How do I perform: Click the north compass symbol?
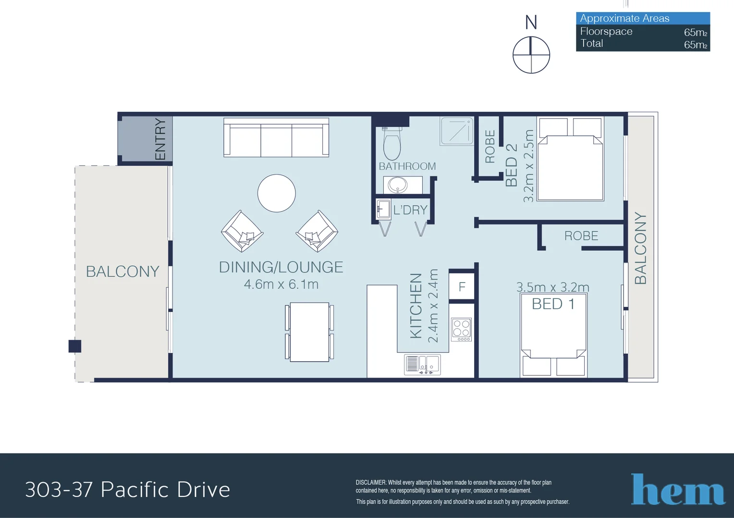(531, 55)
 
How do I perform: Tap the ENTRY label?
(160, 139)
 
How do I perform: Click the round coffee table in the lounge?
(276, 193)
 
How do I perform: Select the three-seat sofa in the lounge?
(276, 138)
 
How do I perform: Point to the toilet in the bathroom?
(392, 144)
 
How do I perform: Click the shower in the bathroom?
(457, 131)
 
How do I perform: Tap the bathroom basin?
(398, 185)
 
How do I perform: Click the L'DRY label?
(410, 210)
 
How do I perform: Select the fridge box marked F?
(462, 287)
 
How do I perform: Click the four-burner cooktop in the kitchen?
(461, 330)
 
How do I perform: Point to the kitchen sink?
(423, 365)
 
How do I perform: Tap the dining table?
(309, 332)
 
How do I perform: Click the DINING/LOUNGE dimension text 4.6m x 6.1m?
(281, 284)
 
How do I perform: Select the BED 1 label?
(553, 304)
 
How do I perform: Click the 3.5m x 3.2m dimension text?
(552, 287)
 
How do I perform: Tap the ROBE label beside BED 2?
(489, 146)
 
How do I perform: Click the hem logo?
(678, 489)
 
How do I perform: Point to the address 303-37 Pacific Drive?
(128, 490)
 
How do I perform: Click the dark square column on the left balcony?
(75, 346)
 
